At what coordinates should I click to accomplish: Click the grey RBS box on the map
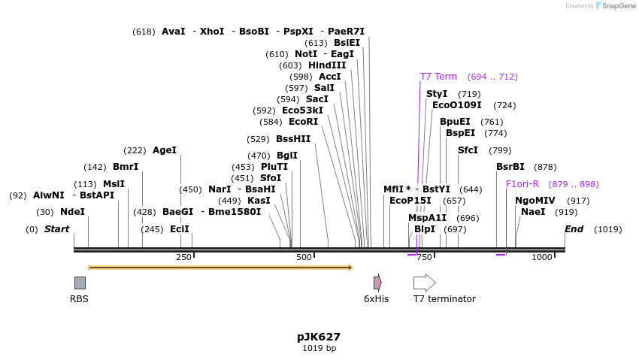coord(80,283)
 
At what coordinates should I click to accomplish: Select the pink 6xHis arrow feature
coord(377,283)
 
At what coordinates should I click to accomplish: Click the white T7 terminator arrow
coord(424,283)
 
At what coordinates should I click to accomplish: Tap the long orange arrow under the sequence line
coord(220,267)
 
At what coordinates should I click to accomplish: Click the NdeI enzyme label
coord(72,212)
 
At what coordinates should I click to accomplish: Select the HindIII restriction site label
coord(327,65)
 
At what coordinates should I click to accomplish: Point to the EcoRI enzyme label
coord(304,122)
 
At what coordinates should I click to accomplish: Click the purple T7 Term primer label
coord(438,77)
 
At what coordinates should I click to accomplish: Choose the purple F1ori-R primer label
coord(522,184)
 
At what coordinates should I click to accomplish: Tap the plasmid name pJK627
coord(319,337)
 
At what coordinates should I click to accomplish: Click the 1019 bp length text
coord(319,349)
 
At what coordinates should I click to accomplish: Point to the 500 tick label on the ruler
coord(304,258)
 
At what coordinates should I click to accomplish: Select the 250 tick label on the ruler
coord(183,258)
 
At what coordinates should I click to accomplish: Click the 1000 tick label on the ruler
coord(541,258)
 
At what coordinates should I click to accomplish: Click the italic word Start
coord(56,229)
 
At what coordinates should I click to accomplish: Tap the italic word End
coord(574,229)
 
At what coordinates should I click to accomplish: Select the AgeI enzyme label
coord(165,150)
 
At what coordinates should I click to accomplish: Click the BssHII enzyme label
coord(293,139)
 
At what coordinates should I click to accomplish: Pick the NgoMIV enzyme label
coord(535,201)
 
